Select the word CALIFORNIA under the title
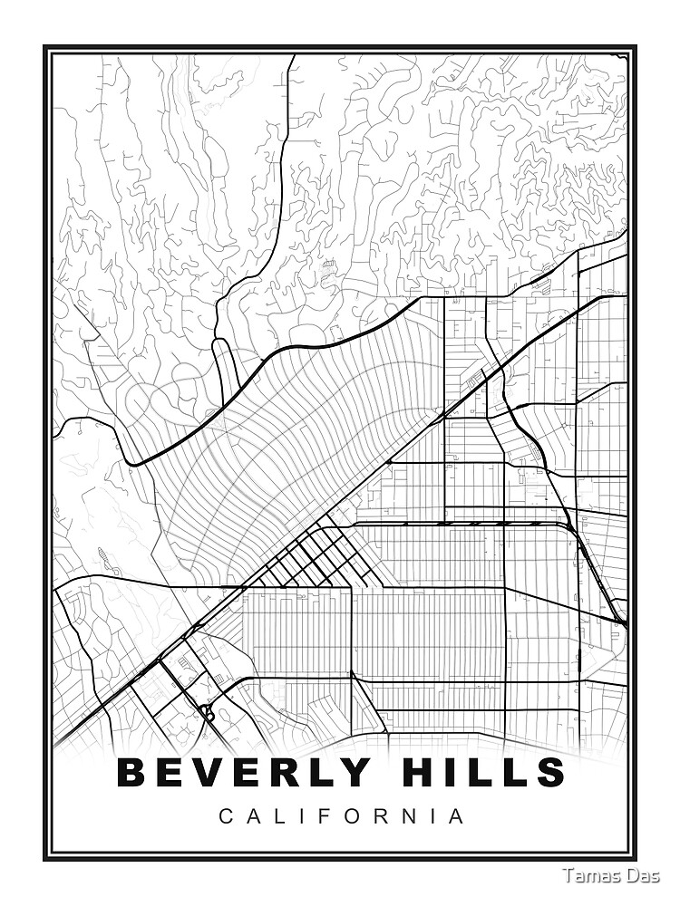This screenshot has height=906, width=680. point(342,816)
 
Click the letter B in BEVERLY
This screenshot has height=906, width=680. point(132,772)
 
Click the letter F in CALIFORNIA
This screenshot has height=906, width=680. point(329,816)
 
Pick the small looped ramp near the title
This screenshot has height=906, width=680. point(208,713)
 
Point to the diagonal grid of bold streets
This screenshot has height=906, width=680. point(304,554)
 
